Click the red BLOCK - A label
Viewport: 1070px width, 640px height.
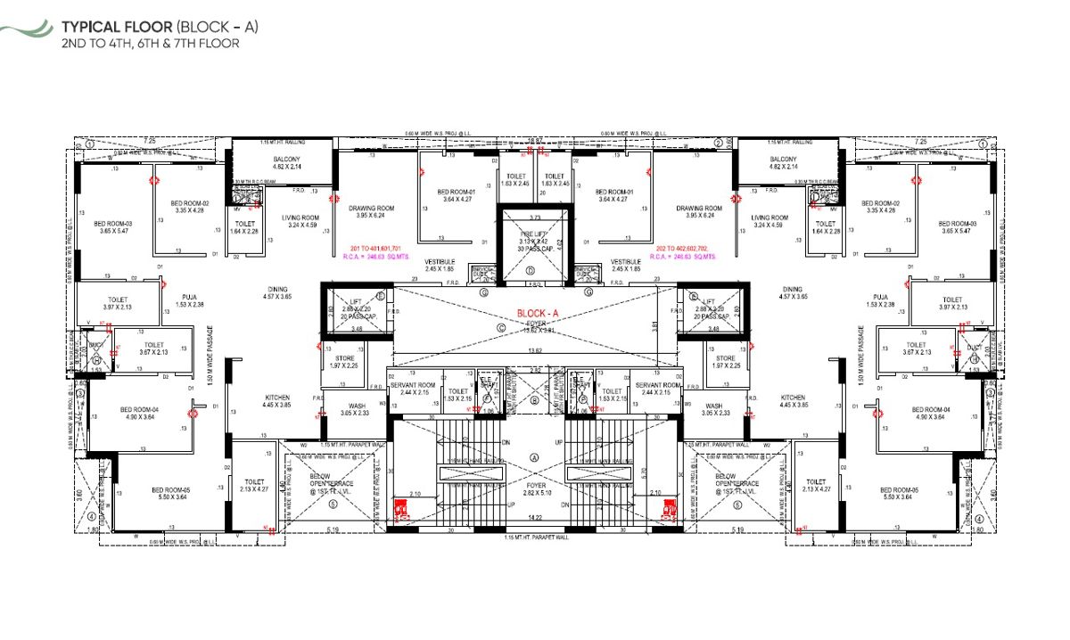(x=537, y=314)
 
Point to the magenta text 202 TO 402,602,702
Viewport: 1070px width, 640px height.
(x=683, y=249)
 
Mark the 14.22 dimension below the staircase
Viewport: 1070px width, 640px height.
(x=534, y=518)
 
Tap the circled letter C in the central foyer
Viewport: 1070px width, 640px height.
(x=502, y=328)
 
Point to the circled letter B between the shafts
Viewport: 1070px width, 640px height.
(x=535, y=400)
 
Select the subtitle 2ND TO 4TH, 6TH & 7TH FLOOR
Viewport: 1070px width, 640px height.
(x=150, y=43)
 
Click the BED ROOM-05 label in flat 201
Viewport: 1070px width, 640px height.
(x=169, y=489)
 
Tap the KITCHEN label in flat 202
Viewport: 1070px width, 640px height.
(x=793, y=398)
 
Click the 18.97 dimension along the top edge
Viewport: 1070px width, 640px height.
(x=535, y=140)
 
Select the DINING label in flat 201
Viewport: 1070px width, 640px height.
(x=277, y=290)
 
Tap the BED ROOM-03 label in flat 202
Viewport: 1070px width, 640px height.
(x=953, y=224)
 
